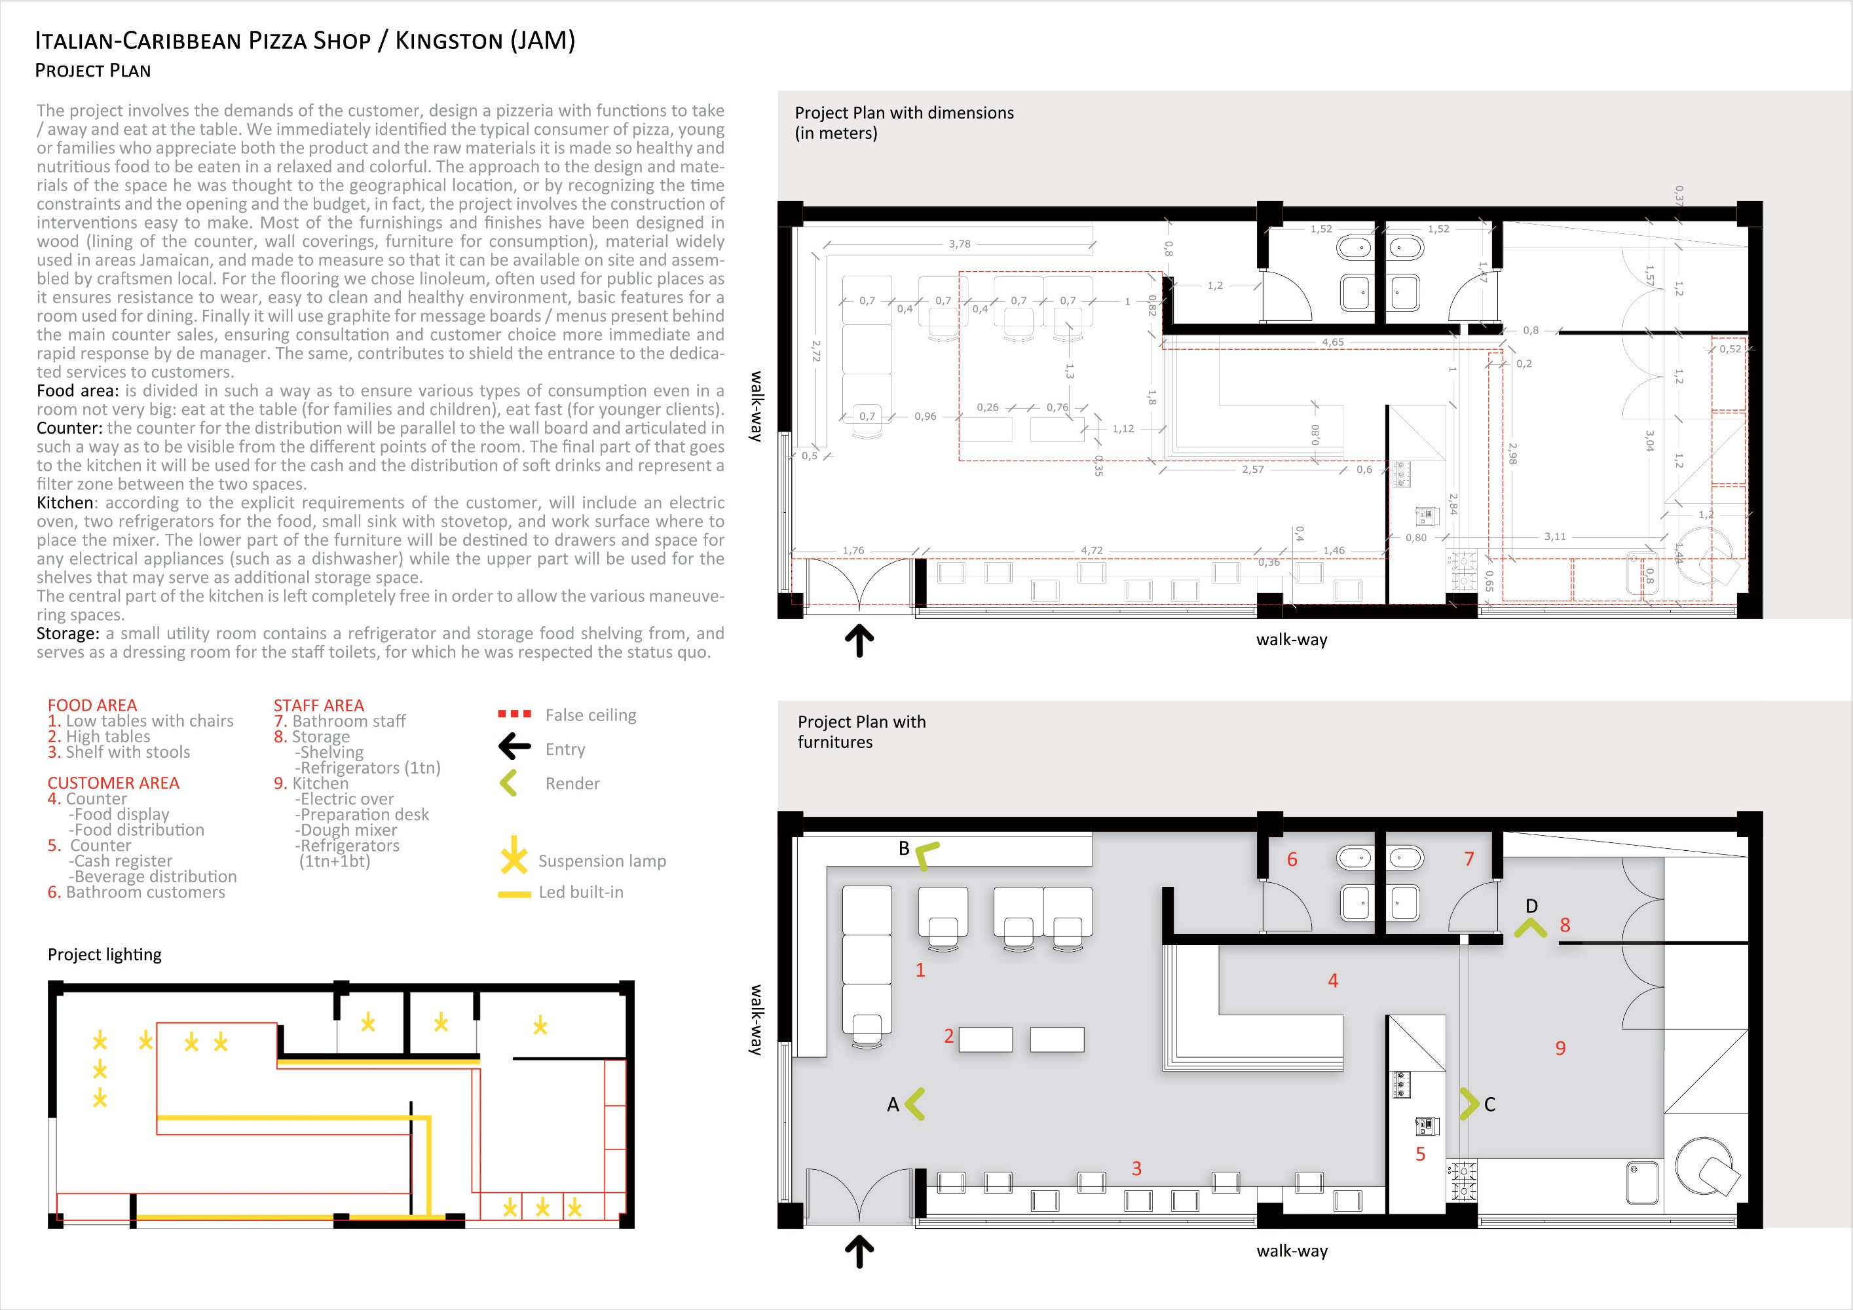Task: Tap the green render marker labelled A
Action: [915, 1104]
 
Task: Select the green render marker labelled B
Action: [926, 854]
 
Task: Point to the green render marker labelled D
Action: [1530, 928]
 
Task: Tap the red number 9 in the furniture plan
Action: [1560, 1049]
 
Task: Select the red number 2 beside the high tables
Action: [949, 1036]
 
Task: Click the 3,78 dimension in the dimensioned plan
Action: [960, 244]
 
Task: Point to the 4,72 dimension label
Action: [1091, 550]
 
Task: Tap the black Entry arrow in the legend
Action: [514, 747]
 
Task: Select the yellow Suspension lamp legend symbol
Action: [514, 855]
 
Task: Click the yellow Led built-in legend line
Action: [514, 893]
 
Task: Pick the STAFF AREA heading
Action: [319, 705]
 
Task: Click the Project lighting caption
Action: [104, 955]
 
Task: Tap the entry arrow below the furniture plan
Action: [859, 1251]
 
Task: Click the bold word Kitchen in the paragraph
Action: [65, 503]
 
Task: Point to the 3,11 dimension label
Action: [1554, 536]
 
